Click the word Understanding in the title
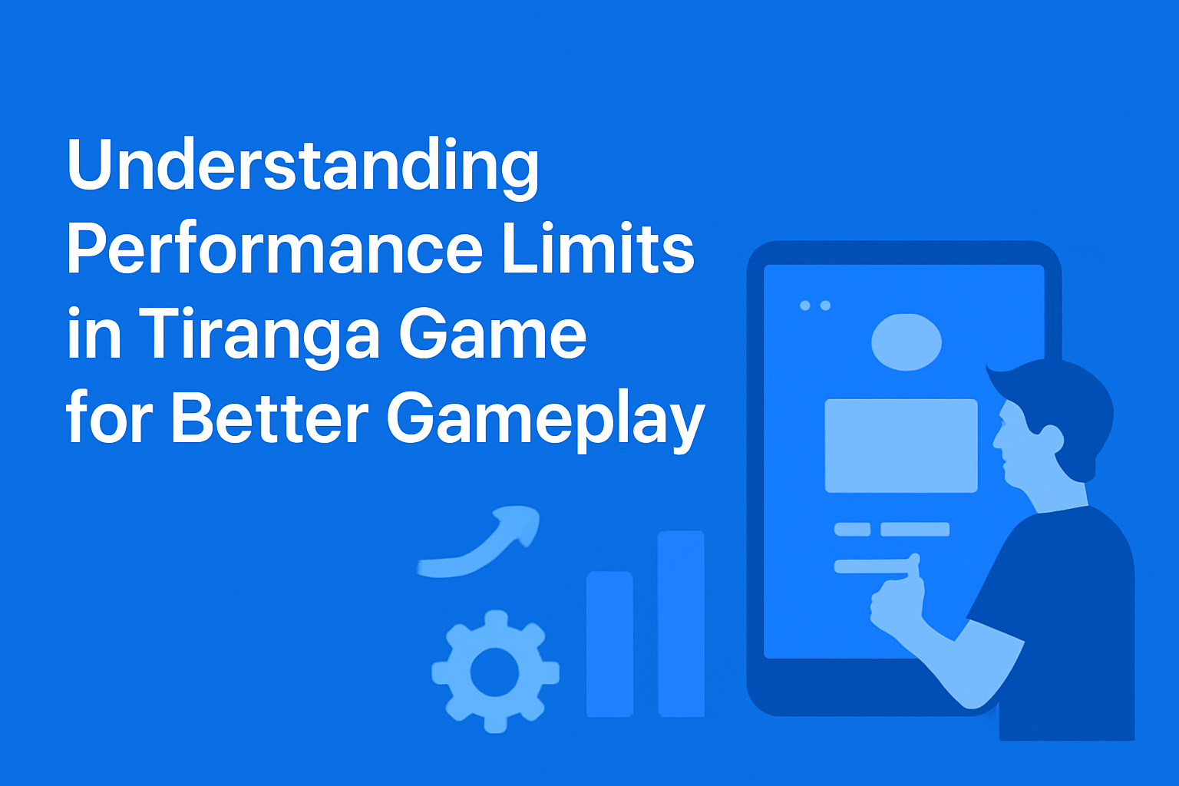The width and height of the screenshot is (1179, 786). (x=303, y=167)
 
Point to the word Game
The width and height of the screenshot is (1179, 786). (x=493, y=332)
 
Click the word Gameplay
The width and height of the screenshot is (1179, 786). (x=545, y=422)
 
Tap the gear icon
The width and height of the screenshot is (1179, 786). (x=495, y=671)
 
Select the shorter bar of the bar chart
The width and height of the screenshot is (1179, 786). (x=609, y=643)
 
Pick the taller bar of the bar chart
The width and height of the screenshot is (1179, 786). (x=681, y=623)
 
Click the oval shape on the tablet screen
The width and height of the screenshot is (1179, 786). (x=907, y=342)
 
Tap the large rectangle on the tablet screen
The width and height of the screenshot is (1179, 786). (x=901, y=445)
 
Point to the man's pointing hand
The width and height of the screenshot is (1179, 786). (x=897, y=596)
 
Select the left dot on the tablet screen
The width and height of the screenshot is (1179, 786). (x=804, y=305)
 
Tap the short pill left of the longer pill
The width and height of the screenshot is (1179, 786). (x=852, y=529)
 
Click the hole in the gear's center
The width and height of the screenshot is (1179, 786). (x=495, y=672)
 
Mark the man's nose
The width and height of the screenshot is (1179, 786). (x=996, y=441)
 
